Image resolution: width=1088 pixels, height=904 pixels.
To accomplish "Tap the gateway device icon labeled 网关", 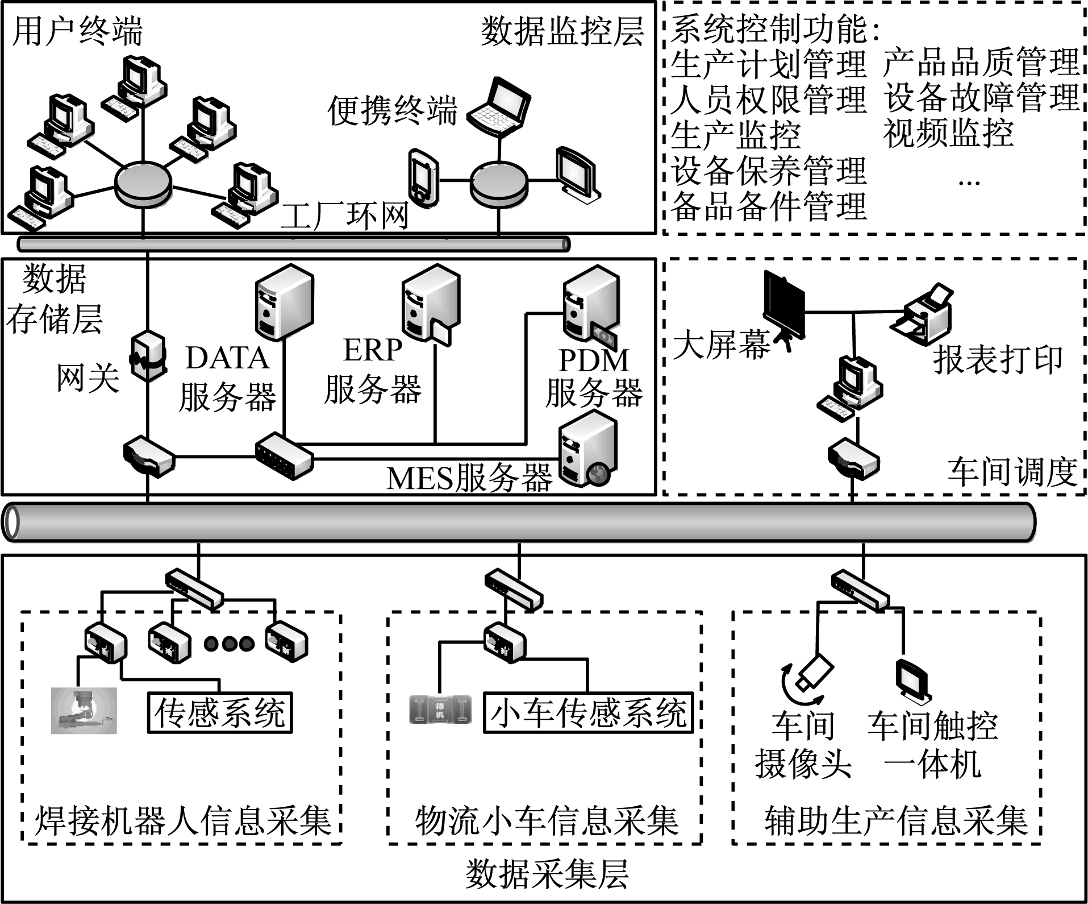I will tap(148, 355).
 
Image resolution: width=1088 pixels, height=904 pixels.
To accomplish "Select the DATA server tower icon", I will tap(284, 302).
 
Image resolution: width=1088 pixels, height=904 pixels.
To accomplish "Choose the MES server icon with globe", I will tap(587, 449).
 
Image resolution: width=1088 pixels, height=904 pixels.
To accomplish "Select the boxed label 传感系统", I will tap(220, 712).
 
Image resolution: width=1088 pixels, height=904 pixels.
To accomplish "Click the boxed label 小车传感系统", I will tap(588, 712).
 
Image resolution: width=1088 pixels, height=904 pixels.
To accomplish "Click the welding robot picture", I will tap(84, 711).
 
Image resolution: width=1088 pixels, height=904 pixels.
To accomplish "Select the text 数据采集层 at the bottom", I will tap(547, 874).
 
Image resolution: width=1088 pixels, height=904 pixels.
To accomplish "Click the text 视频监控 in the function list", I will tap(948, 134).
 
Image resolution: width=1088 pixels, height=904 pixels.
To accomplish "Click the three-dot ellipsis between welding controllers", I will tap(230, 644).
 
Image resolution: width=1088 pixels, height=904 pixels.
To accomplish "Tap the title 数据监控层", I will tap(562, 31).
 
